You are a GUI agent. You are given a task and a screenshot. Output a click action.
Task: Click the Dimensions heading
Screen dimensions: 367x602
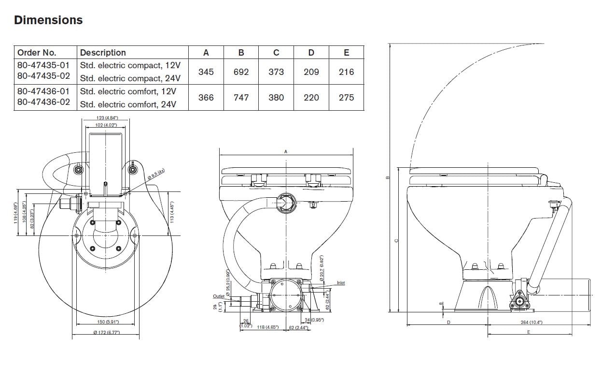tap(48, 20)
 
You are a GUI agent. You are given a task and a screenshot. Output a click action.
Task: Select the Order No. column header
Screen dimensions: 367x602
tap(37, 53)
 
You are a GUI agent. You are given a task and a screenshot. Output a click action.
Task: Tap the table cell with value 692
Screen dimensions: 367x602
tap(241, 72)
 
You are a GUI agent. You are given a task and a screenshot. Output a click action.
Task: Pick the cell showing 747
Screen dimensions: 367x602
tap(241, 98)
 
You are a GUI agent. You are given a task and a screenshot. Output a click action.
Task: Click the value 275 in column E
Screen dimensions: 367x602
tap(346, 98)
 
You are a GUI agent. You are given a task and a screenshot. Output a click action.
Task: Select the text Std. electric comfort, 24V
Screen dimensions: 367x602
tap(130, 104)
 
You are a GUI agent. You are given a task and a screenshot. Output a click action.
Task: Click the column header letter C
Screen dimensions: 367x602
tap(276, 53)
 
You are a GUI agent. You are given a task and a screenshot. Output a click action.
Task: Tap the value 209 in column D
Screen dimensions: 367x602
tap(311, 72)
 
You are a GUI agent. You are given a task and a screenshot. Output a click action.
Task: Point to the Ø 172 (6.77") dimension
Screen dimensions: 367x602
tap(106, 333)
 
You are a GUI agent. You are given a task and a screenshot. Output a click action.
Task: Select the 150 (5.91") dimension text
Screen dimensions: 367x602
tap(106, 322)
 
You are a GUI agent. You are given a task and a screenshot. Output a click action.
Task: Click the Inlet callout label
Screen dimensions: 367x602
tap(341, 283)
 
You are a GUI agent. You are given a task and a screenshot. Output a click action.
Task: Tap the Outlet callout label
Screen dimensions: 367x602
tap(219, 296)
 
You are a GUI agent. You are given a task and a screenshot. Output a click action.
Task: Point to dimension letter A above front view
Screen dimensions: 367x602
tap(286, 152)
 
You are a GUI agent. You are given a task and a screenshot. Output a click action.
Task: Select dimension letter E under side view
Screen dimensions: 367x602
tap(529, 332)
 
